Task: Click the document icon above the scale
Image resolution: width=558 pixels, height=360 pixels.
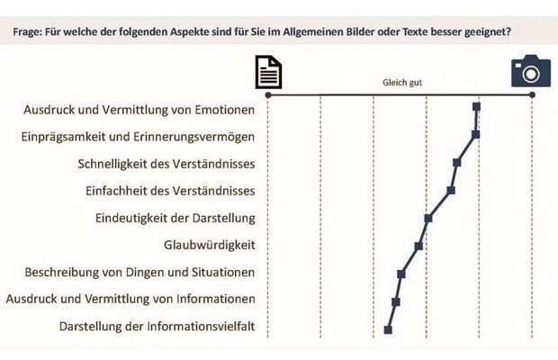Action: pyautogui.click(x=268, y=72)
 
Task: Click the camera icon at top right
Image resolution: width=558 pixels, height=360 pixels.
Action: pyautogui.click(x=530, y=71)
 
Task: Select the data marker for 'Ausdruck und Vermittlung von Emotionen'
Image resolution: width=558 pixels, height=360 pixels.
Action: pyautogui.click(x=476, y=107)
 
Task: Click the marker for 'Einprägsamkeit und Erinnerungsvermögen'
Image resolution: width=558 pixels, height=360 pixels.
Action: pyautogui.click(x=475, y=135)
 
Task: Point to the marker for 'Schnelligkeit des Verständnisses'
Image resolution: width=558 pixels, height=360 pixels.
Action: pyautogui.click(x=457, y=163)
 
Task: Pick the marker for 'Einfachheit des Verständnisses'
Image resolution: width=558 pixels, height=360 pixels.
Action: pyautogui.click(x=451, y=190)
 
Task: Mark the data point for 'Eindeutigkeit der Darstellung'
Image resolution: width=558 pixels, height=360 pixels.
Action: pyautogui.click(x=428, y=218)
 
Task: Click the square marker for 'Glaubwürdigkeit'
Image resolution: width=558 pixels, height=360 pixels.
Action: pyautogui.click(x=418, y=246)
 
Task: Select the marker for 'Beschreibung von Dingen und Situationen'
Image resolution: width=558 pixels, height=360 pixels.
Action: pyautogui.click(x=401, y=274)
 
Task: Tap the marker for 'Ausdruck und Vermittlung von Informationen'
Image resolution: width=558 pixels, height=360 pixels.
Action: pyautogui.click(x=396, y=301)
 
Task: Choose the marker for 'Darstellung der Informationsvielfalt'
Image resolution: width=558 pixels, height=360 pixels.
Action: pyautogui.click(x=388, y=329)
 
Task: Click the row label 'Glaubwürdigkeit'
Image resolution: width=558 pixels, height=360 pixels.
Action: pyautogui.click(x=209, y=245)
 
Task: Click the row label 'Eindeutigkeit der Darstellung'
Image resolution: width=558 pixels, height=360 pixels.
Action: pyautogui.click(x=175, y=218)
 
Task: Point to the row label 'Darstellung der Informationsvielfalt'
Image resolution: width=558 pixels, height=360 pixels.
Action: pyautogui.click(x=157, y=327)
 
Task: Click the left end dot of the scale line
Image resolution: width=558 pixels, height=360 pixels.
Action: pyautogui.click(x=267, y=93)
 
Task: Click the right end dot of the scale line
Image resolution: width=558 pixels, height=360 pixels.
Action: pyautogui.click(x=532, y=93)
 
